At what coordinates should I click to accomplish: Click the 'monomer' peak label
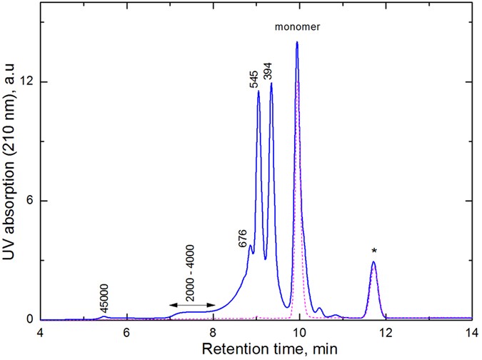coord(298,27)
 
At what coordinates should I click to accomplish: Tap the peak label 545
coord(255,79)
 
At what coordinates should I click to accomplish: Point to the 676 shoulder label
coord(244,238)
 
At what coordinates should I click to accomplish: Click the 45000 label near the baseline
coord(104,294)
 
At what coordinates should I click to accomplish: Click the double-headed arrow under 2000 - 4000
coord(192,306)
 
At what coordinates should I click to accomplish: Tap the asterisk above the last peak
coord(373,251)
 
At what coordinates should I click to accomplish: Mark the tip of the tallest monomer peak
coord(297,43)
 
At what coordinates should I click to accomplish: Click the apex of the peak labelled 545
coord(258,91)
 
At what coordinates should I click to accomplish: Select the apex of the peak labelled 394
coord(271,84)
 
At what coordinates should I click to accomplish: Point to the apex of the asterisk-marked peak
coord(373,262)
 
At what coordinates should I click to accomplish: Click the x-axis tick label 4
coord(40,332)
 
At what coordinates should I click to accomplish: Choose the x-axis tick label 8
coord(213,332)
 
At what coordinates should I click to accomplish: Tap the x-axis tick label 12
coord(386,332)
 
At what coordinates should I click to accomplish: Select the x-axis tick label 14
coord(471,332)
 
